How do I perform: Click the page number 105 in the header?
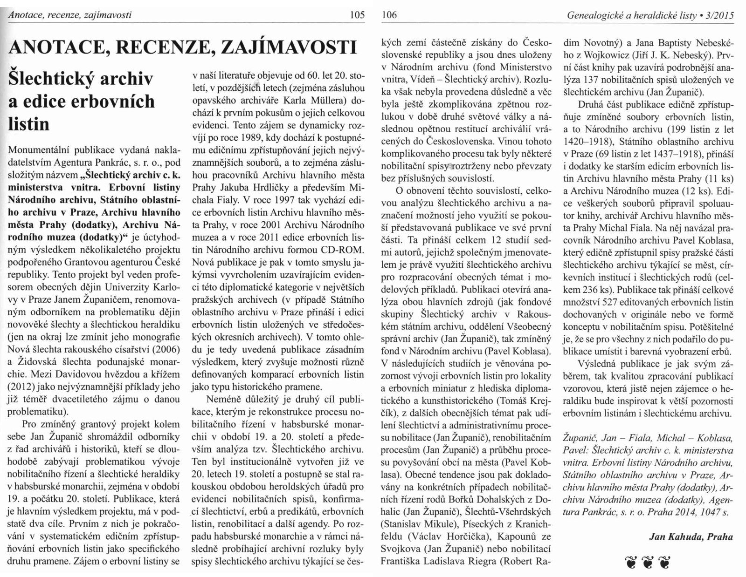tap(356, 15)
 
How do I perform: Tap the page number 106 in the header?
tap(389, 15)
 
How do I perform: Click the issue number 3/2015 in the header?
tap(720, 15)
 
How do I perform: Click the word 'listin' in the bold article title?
tap(29, 124)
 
